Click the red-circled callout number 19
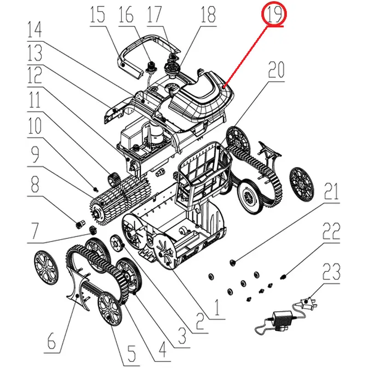pyautogui.click(x=274, y=14)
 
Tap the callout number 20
pyautogui.click(x=276, y=70)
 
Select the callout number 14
pyautogui.click(x=34, y=29)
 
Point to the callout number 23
pyautogui.click(x=331, y=271)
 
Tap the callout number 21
pyautogui.click(x=331, y=191)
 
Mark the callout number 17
pyautogui.click(x=155, y=14)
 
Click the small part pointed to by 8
pyautogui.click(x=80, y=224)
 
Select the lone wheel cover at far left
pyautogui.click(x=46, y=267)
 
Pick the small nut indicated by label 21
pyautogui.click(x=233, y=263)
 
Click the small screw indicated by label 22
pyautogui.click(x=283, y=277)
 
